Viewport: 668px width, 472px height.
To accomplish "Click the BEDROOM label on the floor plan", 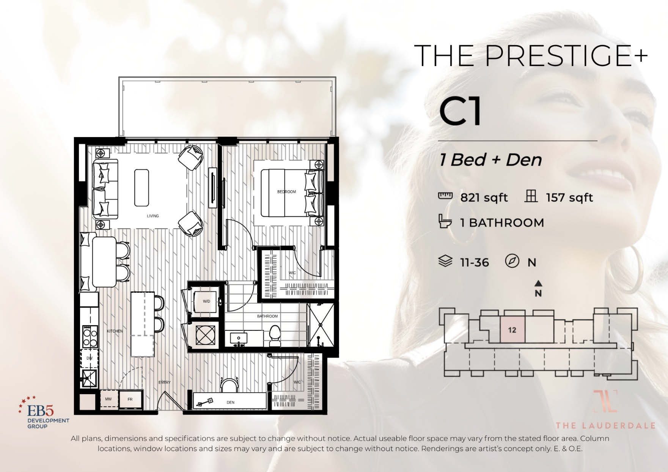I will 286,192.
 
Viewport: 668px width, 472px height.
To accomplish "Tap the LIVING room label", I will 153,216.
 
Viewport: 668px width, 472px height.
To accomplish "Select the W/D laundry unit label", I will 206,301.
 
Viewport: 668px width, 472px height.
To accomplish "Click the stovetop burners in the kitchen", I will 90,336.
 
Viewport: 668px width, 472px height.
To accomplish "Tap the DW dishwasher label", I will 90,358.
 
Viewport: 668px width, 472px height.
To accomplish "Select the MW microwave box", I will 108,399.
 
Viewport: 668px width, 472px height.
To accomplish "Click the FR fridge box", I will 130,399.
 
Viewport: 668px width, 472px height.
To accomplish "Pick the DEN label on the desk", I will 230,403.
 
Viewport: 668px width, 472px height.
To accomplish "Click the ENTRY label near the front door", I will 164,382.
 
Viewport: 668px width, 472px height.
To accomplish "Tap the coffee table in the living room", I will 141,188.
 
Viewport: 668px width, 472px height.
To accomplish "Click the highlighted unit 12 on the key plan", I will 512,330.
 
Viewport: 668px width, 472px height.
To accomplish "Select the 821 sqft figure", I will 484,198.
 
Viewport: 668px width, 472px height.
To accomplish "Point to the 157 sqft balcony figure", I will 569,198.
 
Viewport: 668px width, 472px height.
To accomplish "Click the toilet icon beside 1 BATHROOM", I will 445,221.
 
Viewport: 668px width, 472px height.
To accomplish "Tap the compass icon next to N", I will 512,262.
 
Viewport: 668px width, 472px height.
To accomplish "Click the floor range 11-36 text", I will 474,262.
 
